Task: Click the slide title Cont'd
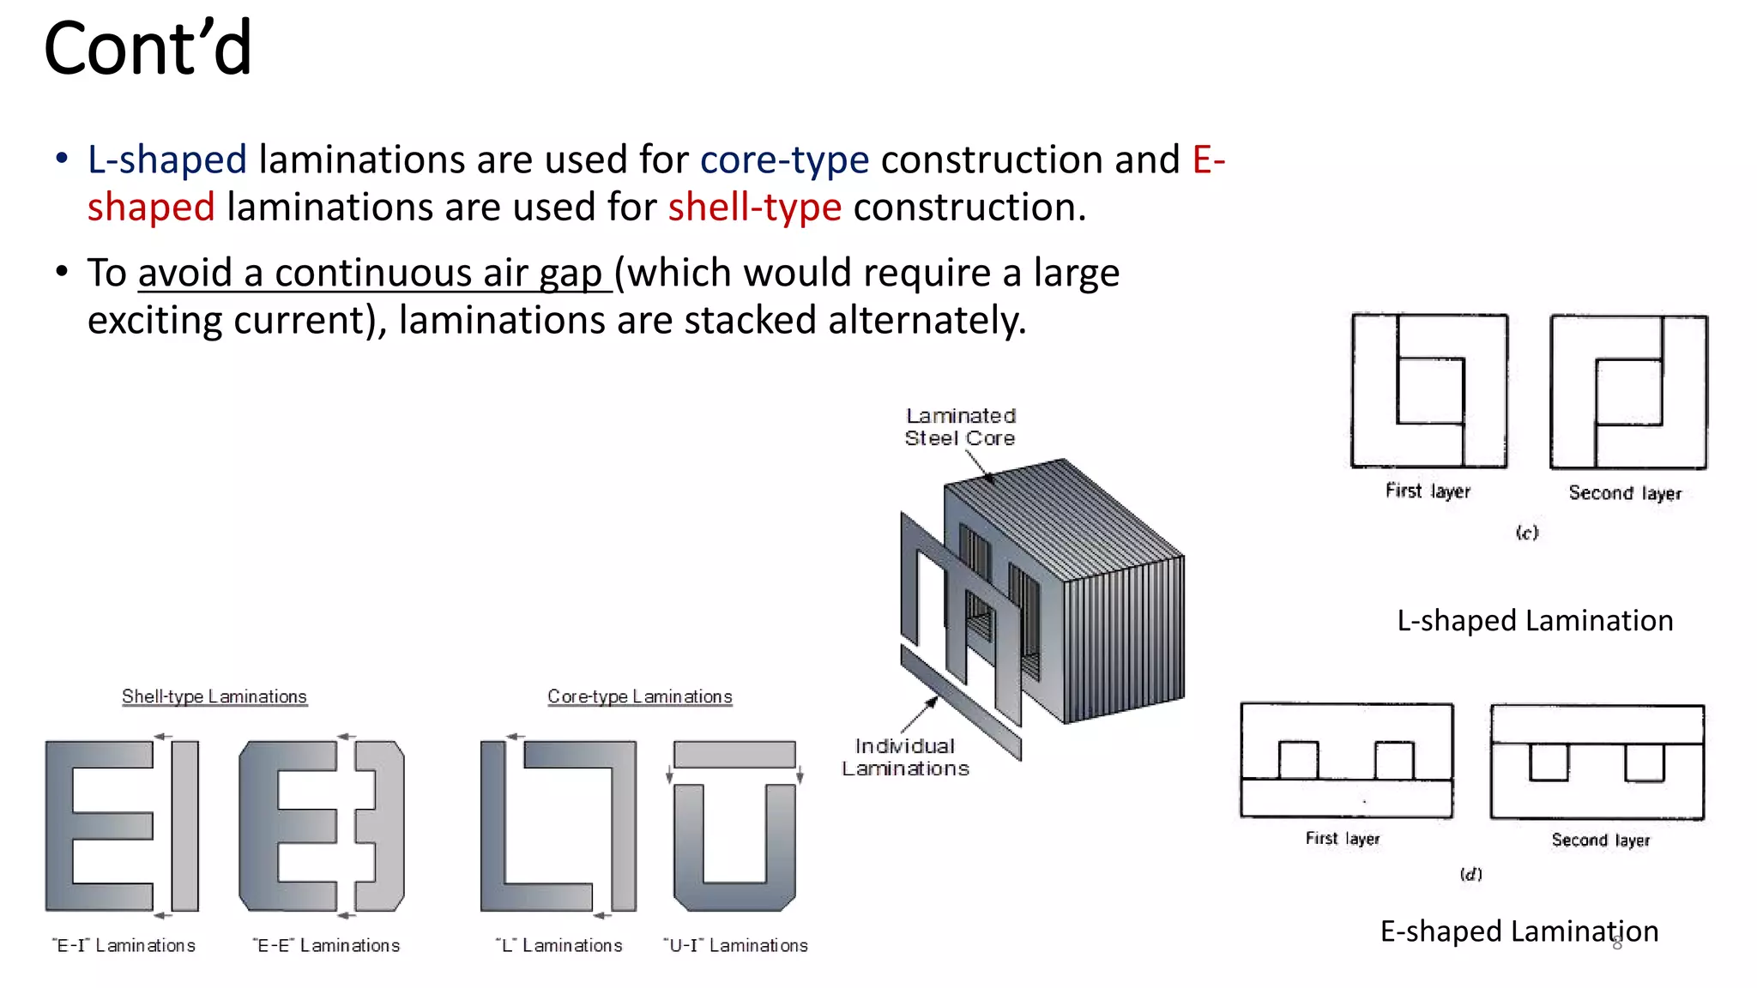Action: pyautogui.click(x=148, y=49)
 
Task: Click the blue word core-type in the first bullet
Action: pyautogui.click(x=784, y=160)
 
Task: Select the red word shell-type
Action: pyautogui.click(x=754, y=208)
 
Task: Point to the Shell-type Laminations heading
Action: pyautogui.click(x=214, y=696)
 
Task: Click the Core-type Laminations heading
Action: pyautogui.click(x=639, y=696)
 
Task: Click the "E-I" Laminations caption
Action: pyautogui.click(x=124, y=945)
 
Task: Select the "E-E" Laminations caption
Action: pyautogui.click(x=326, y=945)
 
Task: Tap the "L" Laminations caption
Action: pyautogui.click(x=559, y=945)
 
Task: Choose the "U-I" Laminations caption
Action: pyautogui.click(x=735, y=945)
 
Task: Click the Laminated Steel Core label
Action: pyautogui.click(x=960, y=427)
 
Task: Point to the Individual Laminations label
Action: pyautogui.click(x=905, y=757)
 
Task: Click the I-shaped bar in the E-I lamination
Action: pyautogui.click(x=184, y=825)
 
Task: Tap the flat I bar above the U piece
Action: pyautogui.click(x=734, y=754)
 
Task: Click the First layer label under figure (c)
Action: pyautogui.click(x=1428, y=491)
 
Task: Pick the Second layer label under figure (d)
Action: pyautogui.click(x=1600, y=840)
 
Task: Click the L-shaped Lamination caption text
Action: pyautogui.click(x=1535, y=621)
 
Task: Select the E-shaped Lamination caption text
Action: pyautogui.click(x=1519, y=931)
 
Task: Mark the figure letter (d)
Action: pyautogui.click(x=1470, y=875)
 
